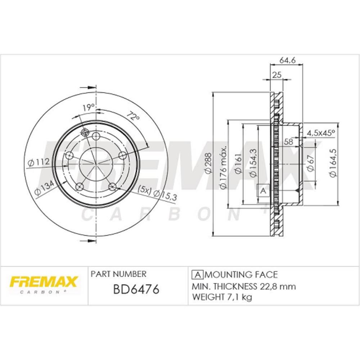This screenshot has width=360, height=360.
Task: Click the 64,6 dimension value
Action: (x=287, y=60)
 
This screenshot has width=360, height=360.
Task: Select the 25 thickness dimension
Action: (x=277, y=75)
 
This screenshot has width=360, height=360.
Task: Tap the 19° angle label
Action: (x=89, y=107)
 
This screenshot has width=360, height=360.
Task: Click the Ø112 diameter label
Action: (x=39, y=162)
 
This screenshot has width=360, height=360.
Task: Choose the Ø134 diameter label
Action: (x=44, y=188)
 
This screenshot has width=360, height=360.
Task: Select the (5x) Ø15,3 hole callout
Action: (x=157, y=193)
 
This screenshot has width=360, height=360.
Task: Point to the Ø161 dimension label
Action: (x=238, y=164)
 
